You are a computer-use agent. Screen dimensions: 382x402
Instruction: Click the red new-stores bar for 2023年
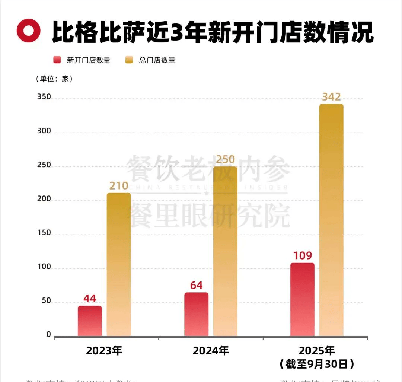90,321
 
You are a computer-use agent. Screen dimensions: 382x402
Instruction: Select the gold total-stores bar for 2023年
119,264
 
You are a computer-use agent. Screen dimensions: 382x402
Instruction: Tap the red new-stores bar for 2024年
196,314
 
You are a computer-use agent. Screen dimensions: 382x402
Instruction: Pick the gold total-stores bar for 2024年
225,251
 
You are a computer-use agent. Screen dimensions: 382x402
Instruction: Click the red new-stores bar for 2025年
302,299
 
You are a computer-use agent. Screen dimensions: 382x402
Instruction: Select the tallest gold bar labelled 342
331,220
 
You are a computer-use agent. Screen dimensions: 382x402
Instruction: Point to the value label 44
90,299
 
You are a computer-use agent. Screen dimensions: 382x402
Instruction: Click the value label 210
119,186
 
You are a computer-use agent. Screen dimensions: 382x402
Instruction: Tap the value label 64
196,285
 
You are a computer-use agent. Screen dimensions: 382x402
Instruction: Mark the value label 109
302,256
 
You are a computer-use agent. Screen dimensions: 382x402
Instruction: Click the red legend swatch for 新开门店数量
57,60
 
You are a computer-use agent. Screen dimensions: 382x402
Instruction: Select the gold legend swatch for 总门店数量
129,60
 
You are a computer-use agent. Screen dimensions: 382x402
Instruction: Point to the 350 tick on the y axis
44,97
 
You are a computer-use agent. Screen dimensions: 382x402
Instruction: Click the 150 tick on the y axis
44,233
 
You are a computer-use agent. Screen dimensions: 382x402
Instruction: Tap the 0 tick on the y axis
48,335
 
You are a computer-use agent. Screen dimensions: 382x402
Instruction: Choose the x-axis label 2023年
104,351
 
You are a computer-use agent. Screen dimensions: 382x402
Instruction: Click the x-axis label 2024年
211,351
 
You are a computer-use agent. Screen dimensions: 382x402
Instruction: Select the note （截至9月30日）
317,364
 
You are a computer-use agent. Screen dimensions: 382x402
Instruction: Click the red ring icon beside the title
28,31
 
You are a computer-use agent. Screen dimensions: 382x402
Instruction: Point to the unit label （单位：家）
54,79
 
